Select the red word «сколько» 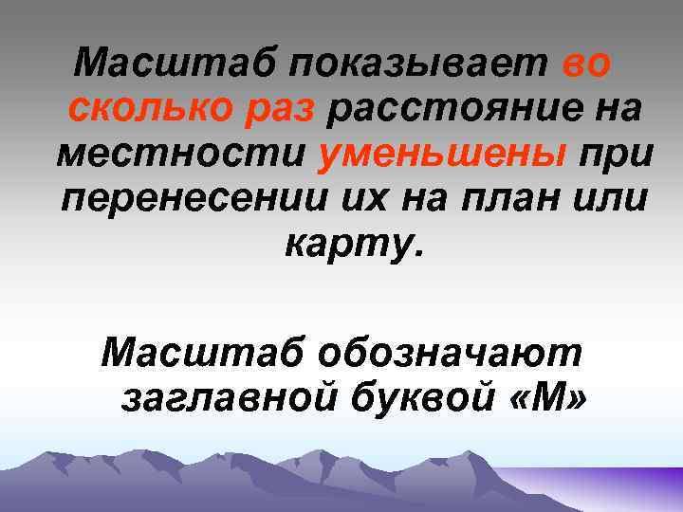(x=145, y=109)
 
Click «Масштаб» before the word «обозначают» (x=202, y=354)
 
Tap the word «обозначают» (x=452, y=354)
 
